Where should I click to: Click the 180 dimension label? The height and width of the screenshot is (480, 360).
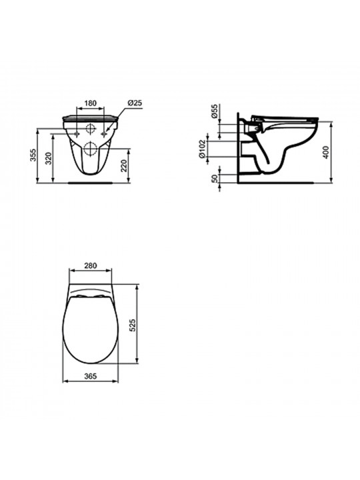point(90,103)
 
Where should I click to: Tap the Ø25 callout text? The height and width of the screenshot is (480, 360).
point(135,103)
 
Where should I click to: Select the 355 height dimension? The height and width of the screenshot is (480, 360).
point(33,155)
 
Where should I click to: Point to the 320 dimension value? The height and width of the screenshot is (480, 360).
point(49,158)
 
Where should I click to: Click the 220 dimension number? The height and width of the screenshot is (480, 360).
point(124,165)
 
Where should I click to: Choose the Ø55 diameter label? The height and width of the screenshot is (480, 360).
point(215,111)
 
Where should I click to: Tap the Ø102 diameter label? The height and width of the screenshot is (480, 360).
point(201,149)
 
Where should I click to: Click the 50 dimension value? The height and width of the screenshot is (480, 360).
point(215,178)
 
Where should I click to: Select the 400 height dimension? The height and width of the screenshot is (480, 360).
point(326,152)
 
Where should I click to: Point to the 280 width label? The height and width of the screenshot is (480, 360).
point(90,265)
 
